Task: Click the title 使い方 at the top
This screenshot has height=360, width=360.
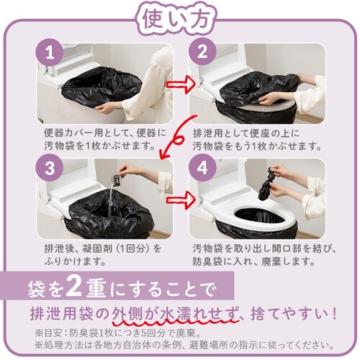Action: (175, 19)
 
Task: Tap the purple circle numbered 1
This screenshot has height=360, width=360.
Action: (50, 53)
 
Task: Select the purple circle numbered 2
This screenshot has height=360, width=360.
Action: (202, 51)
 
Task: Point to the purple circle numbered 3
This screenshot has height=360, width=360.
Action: (50, 167)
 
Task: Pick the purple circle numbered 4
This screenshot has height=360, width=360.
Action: (202, 167)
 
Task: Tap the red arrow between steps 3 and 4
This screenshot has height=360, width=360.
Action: (180, 199)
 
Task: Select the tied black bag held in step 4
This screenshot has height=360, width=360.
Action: (267, 184)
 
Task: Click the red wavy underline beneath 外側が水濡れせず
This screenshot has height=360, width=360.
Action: (176, 320)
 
